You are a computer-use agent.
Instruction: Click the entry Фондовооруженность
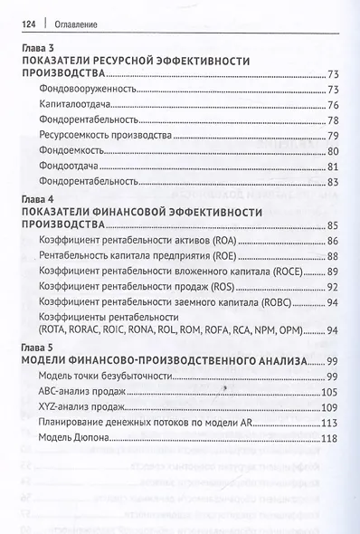click(x=89, y=90)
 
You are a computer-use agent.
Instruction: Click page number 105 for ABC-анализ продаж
click(x=327, y=391)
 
